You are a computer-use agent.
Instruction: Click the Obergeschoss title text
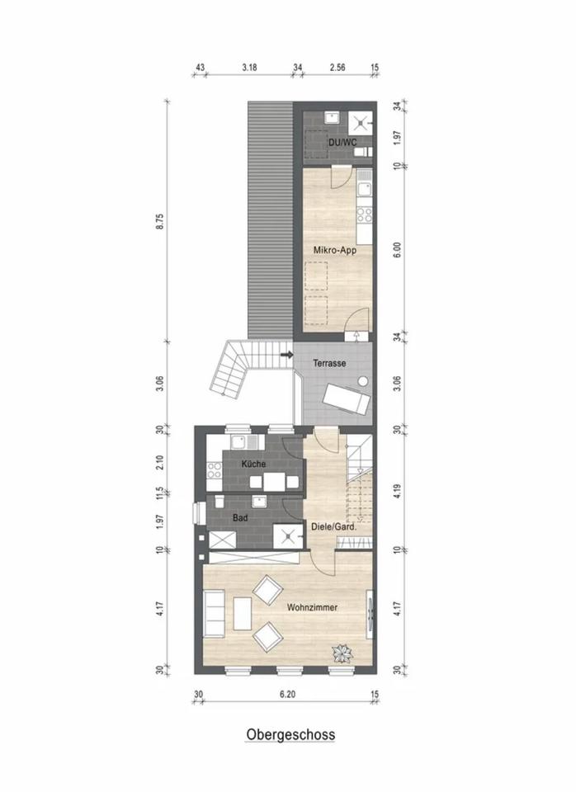click(290, 734)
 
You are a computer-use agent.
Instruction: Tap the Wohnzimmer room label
click(312, 607)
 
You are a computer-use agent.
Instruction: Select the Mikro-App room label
click(335, 250)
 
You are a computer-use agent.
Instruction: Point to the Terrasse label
click(329, 363)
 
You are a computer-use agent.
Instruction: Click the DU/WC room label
click(342, 143)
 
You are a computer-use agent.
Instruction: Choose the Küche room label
click(253, 464)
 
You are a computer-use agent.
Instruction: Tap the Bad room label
click(240, 518)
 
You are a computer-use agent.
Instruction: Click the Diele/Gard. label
click(334, 527)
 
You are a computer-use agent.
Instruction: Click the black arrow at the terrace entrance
click(287, 355)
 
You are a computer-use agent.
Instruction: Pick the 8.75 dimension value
click(160, 222)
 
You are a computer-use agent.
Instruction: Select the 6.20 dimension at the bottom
click(287, 694)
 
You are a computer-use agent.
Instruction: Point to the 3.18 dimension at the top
click(249, 67)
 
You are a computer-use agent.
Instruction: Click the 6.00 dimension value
click(397, 250)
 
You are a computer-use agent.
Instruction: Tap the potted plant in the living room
click(342, 654)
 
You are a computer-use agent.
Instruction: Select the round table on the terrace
click(363, 381)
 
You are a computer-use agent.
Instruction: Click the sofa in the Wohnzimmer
click(214, 613)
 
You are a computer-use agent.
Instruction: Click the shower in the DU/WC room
click(361, 123)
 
